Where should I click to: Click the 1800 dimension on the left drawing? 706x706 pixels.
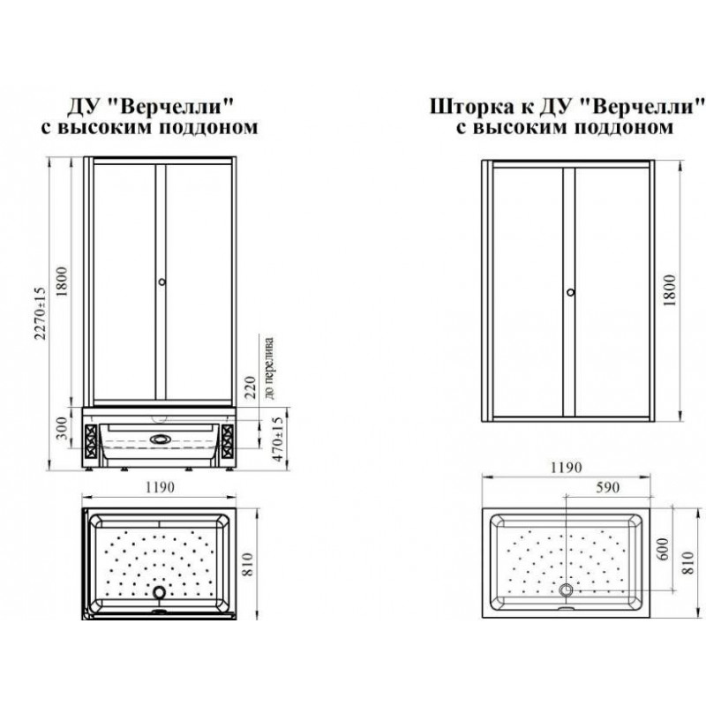[x=62, y=282]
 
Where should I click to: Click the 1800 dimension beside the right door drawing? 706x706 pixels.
[x=670, y=290]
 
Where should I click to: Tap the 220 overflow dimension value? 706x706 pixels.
[x=251, y=387]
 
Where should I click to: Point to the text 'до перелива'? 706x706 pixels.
[x=269, y=368]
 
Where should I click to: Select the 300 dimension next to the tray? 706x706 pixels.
[x=62, y=428]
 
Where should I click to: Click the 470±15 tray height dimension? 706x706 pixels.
[x=278, y=439]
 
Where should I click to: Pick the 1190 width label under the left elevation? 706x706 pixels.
[x=160, y=487]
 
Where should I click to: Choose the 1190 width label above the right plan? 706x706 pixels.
[x=566, y=468]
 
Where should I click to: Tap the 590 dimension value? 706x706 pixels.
[x=607, y=487]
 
